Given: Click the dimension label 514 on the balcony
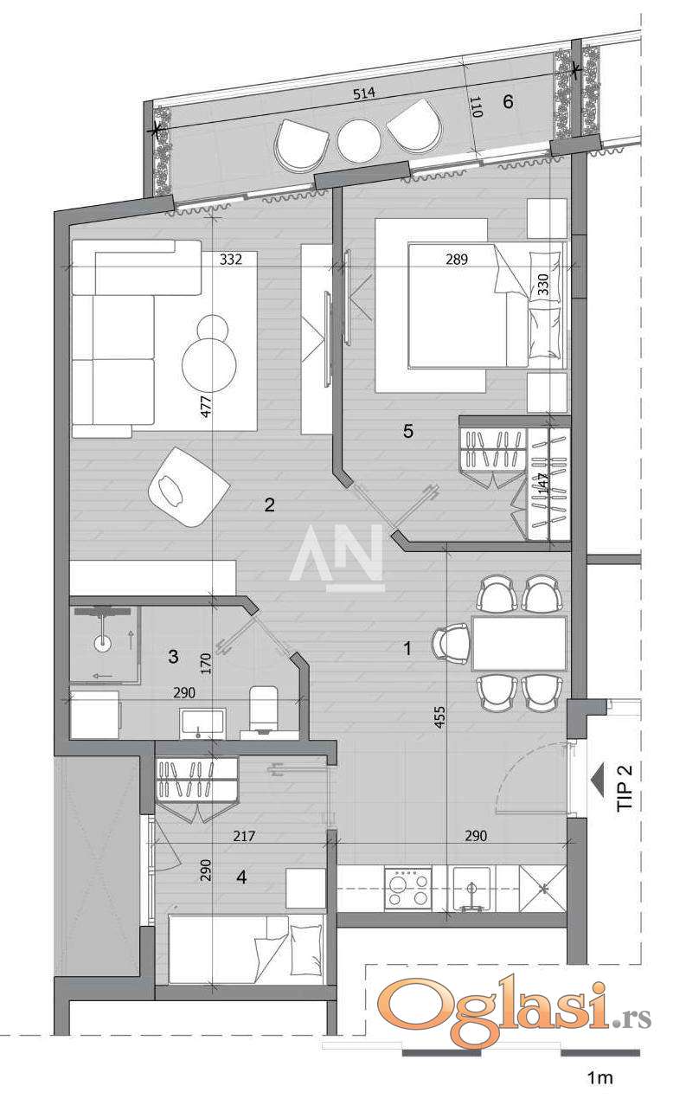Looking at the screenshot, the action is pos(364,93).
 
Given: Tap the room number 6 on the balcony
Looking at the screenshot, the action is pos(508,101).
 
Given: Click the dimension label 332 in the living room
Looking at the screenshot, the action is pos(231,259).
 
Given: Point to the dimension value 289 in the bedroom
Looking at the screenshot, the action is pos(457,259).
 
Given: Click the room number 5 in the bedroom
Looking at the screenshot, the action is pos(407,431).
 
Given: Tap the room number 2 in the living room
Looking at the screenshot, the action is pos(269,504).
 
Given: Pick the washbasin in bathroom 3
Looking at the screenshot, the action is pos(202,723).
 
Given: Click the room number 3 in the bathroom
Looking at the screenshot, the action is pos(173,657).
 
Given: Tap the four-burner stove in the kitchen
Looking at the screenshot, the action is pos(407,889).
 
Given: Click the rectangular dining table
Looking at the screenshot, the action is pos(519,643).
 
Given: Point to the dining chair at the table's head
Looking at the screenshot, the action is pos(452,643).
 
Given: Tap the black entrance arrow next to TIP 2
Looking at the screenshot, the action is pos(597,780).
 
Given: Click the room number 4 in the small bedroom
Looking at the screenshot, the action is pos(241,877).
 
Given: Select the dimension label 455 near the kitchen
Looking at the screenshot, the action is pos(439,716).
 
